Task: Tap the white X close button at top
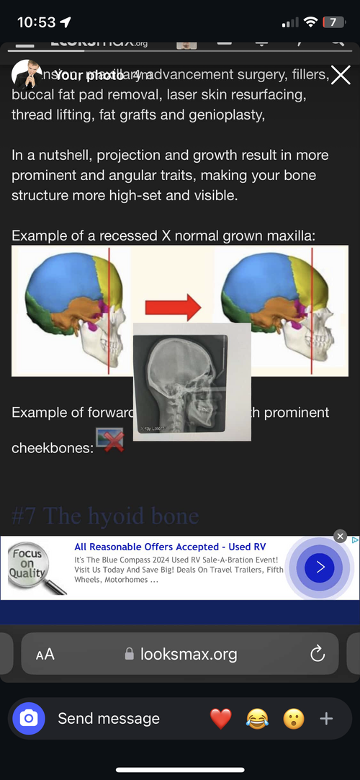coord(340,75)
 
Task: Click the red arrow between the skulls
coord(173,308)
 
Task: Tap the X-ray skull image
coord(192,381)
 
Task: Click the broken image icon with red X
coord(109,439)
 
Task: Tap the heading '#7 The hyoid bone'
coord(105,516)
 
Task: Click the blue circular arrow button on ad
coord(320,568)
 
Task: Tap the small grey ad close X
coord(341,537)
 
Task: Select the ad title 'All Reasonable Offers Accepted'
coord(170,547)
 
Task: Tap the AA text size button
coord(45,654)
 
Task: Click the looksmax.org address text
coord(188,654)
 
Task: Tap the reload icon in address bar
coord(317,654)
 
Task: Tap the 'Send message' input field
coord(109,718)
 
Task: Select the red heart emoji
coord(220,718)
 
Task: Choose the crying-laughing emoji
coord(257,718)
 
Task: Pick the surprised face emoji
coord(293,718)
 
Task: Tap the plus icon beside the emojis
coord(326,718)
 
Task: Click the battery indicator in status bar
coord(333,22)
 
